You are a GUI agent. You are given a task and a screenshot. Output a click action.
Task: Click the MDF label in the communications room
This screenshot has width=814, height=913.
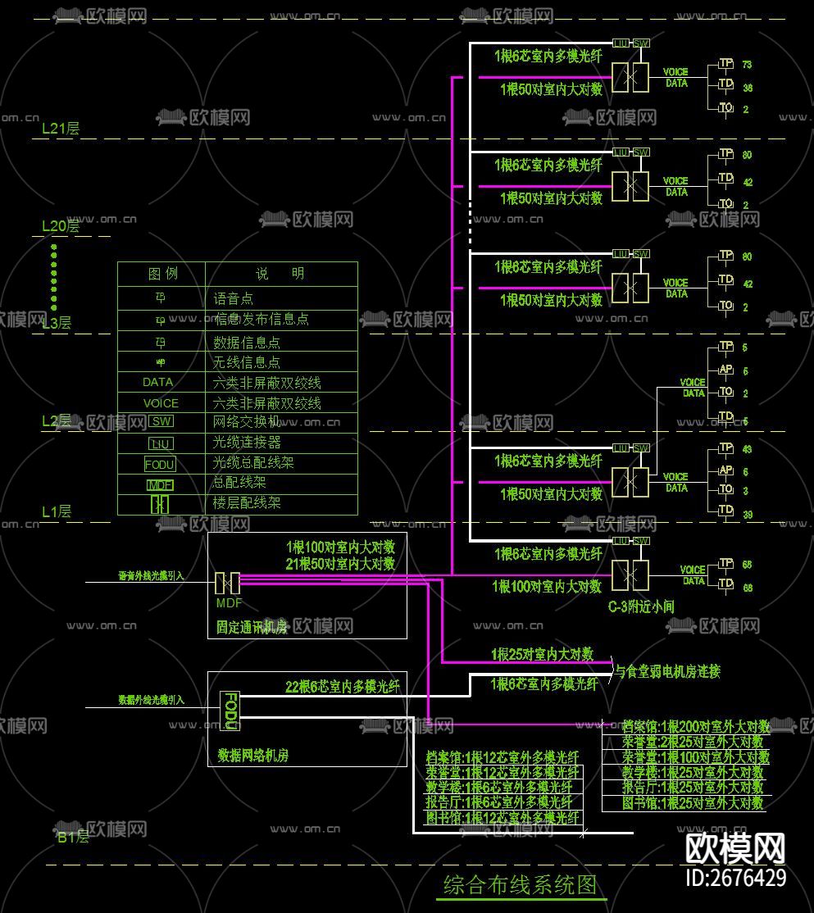(229, 603)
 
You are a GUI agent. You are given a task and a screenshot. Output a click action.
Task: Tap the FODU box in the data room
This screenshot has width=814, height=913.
(230, 711)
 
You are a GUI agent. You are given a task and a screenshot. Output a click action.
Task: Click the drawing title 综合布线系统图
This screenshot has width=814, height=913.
(521, 886)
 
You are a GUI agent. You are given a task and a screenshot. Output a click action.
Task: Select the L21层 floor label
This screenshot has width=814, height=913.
(61, 129)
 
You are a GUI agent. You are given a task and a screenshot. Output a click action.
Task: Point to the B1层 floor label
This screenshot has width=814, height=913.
(72, 838)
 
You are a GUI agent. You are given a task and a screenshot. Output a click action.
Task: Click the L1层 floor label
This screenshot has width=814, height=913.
(57, 512)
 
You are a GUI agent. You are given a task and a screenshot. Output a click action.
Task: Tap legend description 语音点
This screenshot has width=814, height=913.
(234, 299)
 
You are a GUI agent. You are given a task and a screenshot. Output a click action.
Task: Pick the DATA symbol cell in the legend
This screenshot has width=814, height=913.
(158, 383)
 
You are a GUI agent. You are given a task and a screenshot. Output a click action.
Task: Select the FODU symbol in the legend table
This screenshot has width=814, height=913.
(160, 464)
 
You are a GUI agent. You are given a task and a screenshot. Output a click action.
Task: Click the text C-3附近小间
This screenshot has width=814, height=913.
(641, 607)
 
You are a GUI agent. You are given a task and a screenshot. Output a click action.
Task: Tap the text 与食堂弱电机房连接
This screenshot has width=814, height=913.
(668, 672)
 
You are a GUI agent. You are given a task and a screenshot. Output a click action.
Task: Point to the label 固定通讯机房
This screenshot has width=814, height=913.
(252, 628)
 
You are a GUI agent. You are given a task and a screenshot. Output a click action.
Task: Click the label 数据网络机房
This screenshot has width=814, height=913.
(252, 755)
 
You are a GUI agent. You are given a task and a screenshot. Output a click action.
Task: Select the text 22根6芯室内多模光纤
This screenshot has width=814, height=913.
(342, 687)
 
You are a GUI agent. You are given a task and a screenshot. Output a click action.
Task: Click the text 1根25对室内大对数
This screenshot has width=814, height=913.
(542, 655)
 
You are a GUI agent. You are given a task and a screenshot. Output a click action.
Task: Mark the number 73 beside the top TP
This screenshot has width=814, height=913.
(747, 65)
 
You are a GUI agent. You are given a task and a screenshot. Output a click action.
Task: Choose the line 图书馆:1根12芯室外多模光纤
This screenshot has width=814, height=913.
(502, 818)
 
